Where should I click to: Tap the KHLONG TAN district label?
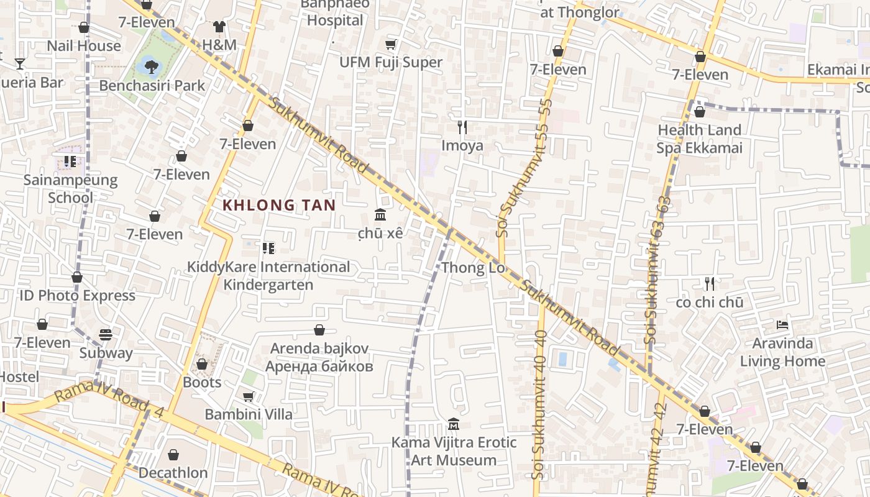point(279,205)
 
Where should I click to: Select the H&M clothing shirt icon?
point(219,26)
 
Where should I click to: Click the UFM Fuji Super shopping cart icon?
point(390,44)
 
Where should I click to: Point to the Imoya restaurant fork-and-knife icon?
point(462,127)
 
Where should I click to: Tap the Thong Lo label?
point(472,268)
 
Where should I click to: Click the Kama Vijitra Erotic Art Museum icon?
point(454,424)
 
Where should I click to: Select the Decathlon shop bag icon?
point(173,455)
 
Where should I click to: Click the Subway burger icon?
point(106,335)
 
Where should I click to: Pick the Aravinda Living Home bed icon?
point(782,325)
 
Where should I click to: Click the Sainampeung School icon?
point(70,162)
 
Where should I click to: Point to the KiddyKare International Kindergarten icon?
point(268,248)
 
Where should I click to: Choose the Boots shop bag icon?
point(202,364)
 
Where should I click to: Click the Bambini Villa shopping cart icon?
point(249,396)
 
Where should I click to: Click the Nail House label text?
point(84,46)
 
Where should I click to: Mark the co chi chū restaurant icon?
point(710,284)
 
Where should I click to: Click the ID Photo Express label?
point(77,296)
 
